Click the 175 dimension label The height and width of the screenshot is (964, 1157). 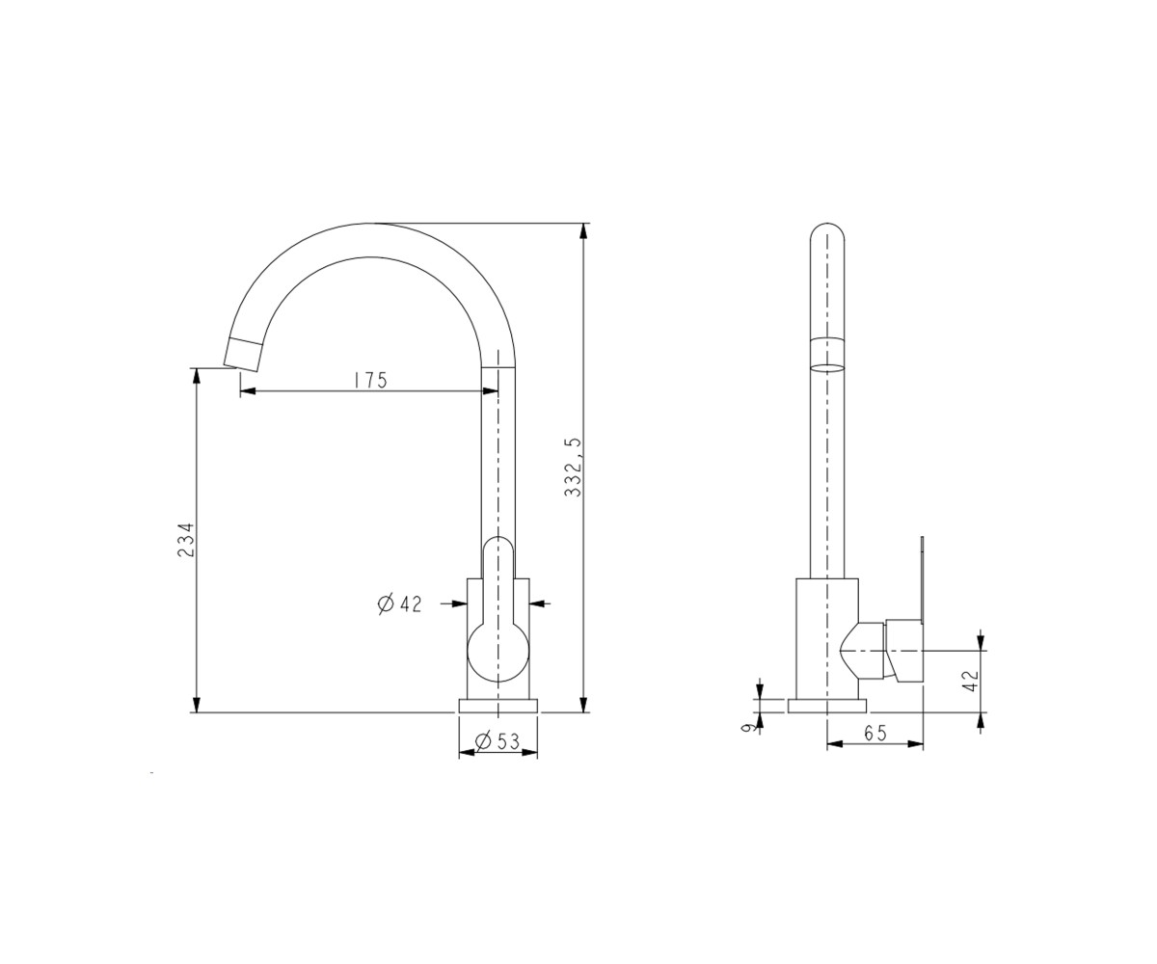(x=370, y=380)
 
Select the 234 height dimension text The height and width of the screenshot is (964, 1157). (x=186, y=540)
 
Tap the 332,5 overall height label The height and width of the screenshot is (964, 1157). (x=573, y=467)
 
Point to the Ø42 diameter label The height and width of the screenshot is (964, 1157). (x=399, y=603)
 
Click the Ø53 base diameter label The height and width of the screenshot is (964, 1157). (x=498, y=740)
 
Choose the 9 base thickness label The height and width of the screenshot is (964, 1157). (x=746, y=728)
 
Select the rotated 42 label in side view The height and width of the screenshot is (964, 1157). (x=971, y=681)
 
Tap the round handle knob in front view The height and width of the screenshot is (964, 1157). (x=498, y=652)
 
